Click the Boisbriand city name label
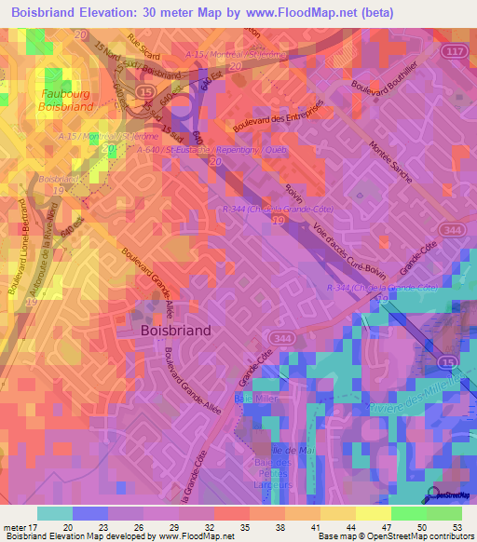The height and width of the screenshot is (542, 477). pos(175,330)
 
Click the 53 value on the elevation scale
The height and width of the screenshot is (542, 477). pos(456,526)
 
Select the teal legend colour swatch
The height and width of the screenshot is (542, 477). pos(55,513)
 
